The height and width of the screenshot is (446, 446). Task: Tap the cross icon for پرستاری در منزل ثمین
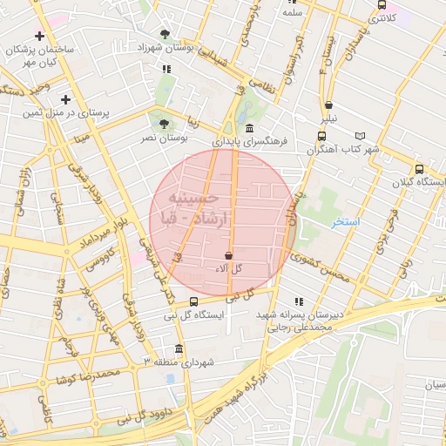point(65,99)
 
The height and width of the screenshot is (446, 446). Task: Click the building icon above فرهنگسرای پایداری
point(249,128)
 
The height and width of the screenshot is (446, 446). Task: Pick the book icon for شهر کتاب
point(361,136)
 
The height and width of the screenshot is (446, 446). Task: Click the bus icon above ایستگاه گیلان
point(419,169)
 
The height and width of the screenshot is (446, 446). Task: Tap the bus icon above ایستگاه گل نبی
point(193,302)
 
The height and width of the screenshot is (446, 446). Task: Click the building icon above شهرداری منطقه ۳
point(178,348)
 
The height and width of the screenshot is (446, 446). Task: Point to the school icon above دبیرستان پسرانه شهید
point(300,301)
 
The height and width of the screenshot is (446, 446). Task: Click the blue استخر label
point(345,223)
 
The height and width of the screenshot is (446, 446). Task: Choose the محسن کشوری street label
point(321,266)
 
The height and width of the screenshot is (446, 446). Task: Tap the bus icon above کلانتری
point(381,4)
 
